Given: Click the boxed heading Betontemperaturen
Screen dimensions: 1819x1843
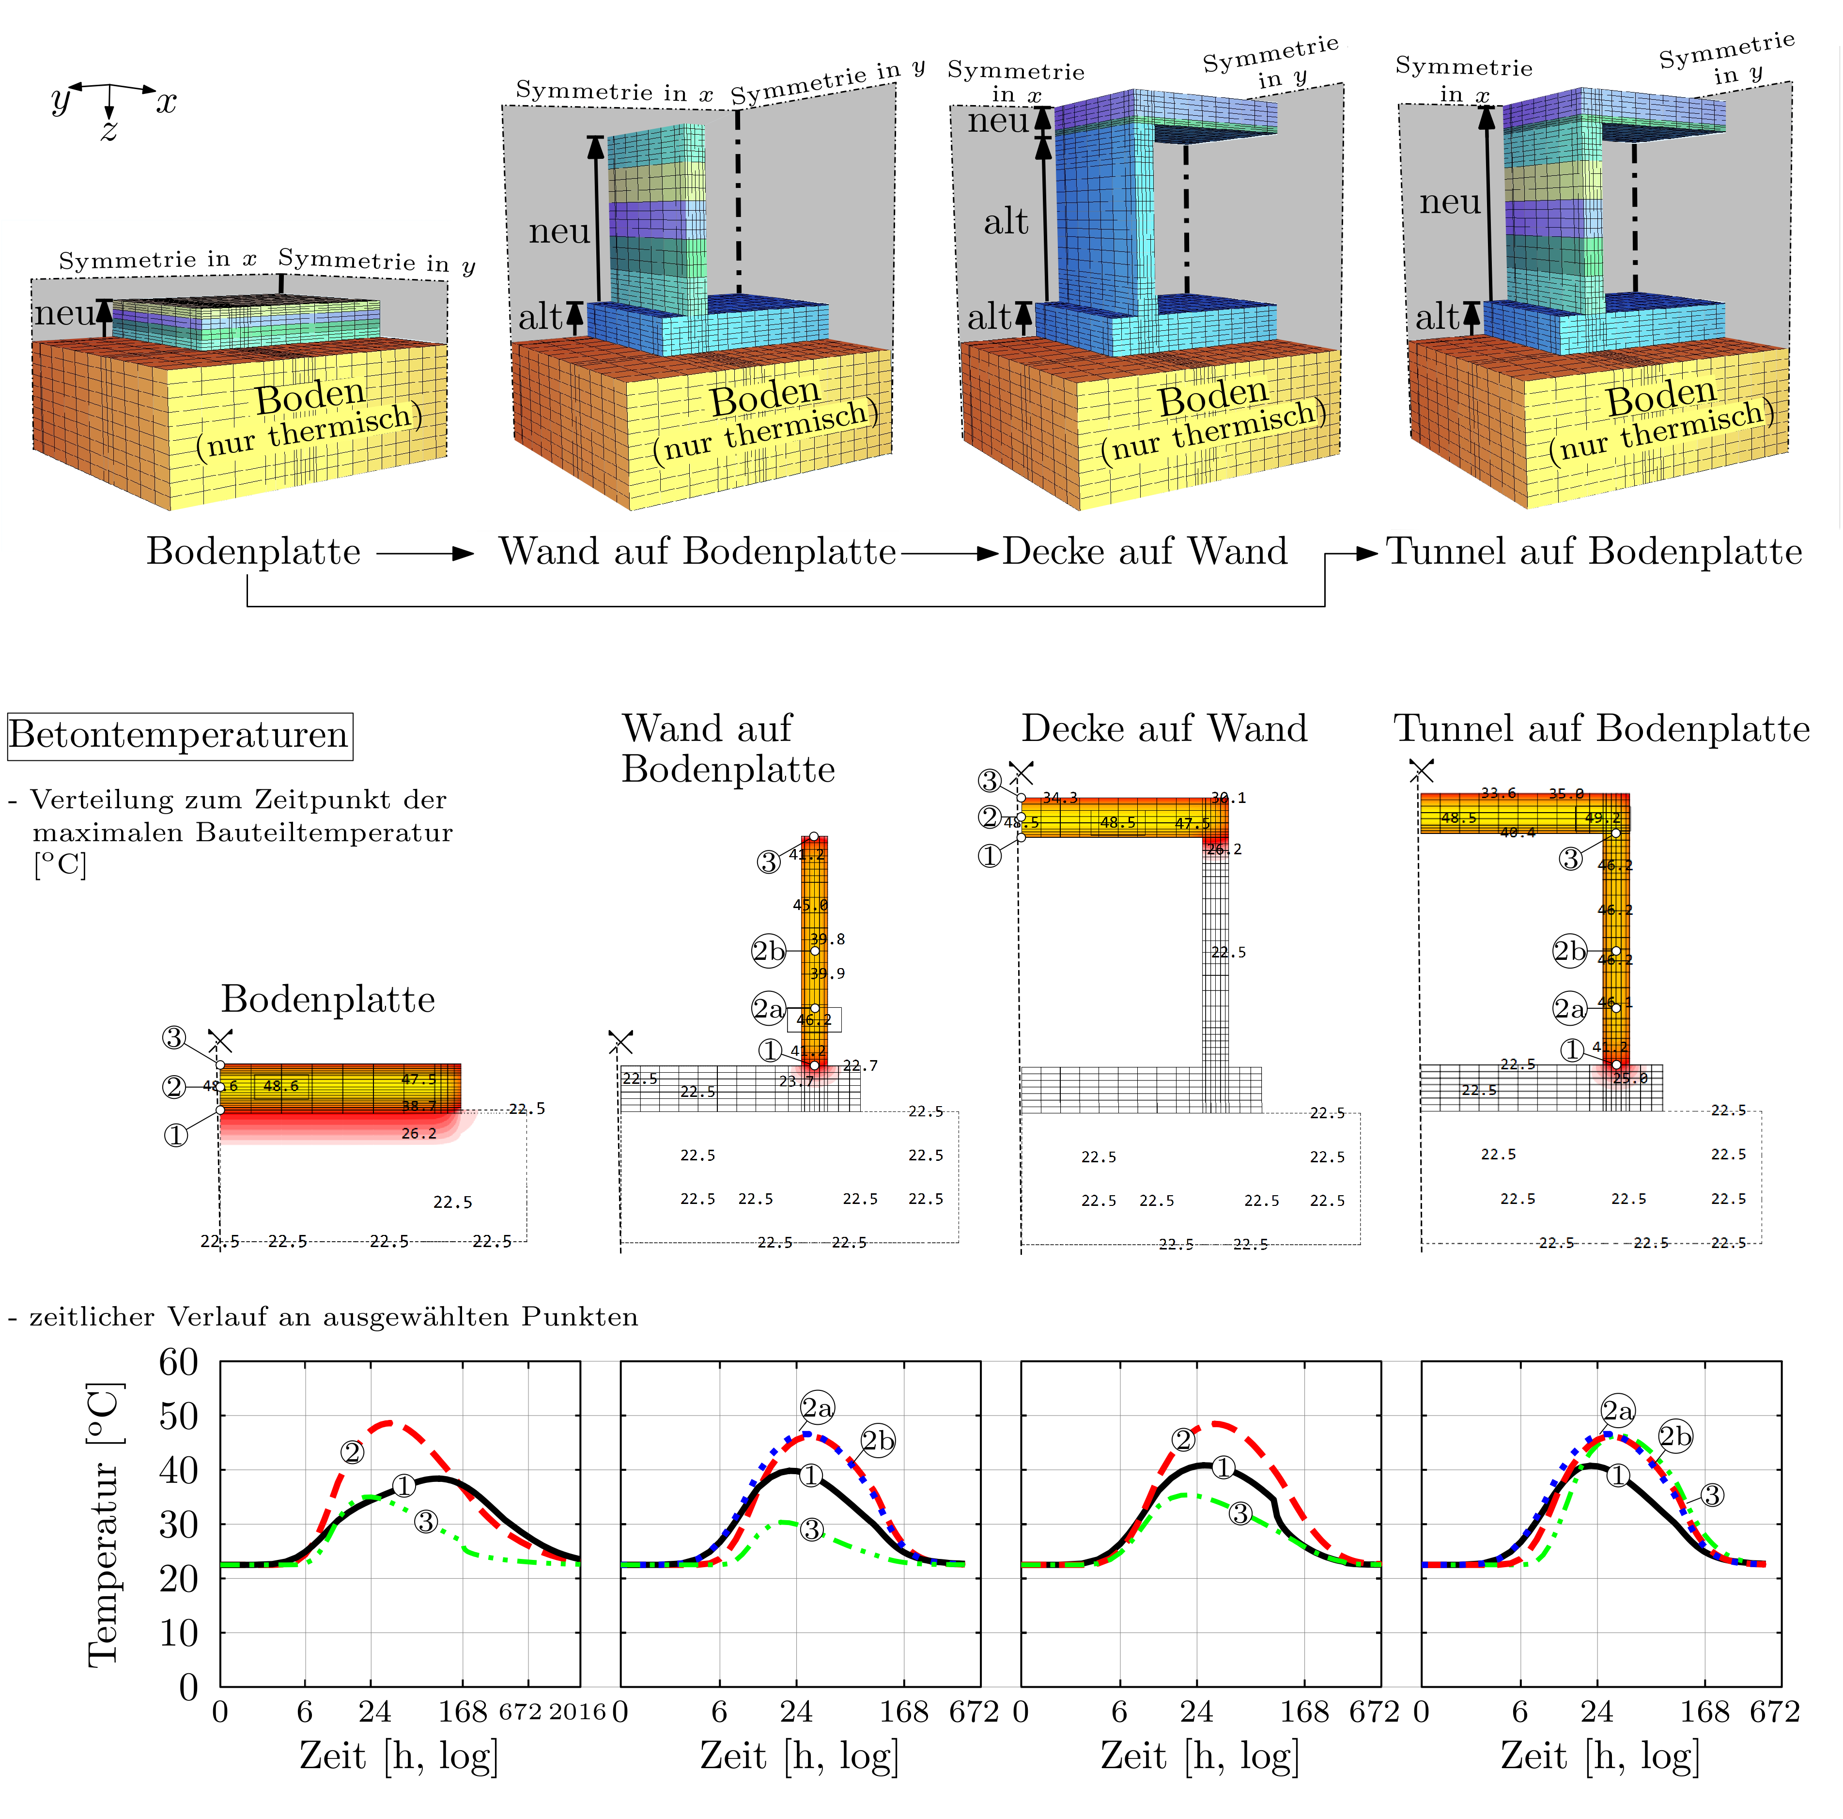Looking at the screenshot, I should (179, 736).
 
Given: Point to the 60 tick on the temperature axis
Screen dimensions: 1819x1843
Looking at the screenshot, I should (179, 1362).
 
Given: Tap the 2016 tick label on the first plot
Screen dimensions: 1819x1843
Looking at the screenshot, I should (577, 1712).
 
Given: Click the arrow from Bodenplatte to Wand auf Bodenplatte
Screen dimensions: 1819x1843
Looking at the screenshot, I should (425, 553).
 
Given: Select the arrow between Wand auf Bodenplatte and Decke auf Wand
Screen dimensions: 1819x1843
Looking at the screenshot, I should (949, 553).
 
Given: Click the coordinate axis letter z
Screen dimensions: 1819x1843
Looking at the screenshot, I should (109, 130).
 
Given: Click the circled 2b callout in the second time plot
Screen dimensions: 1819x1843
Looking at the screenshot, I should (878, 1440).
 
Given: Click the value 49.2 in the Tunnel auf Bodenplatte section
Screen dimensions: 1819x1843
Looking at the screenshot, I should (1603, 817).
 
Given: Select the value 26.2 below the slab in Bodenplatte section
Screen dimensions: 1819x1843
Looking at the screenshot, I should (419, 1133).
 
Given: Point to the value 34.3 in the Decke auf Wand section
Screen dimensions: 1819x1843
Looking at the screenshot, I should (1060, 798).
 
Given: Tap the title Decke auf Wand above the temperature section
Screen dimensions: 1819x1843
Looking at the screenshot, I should (1164, 729).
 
